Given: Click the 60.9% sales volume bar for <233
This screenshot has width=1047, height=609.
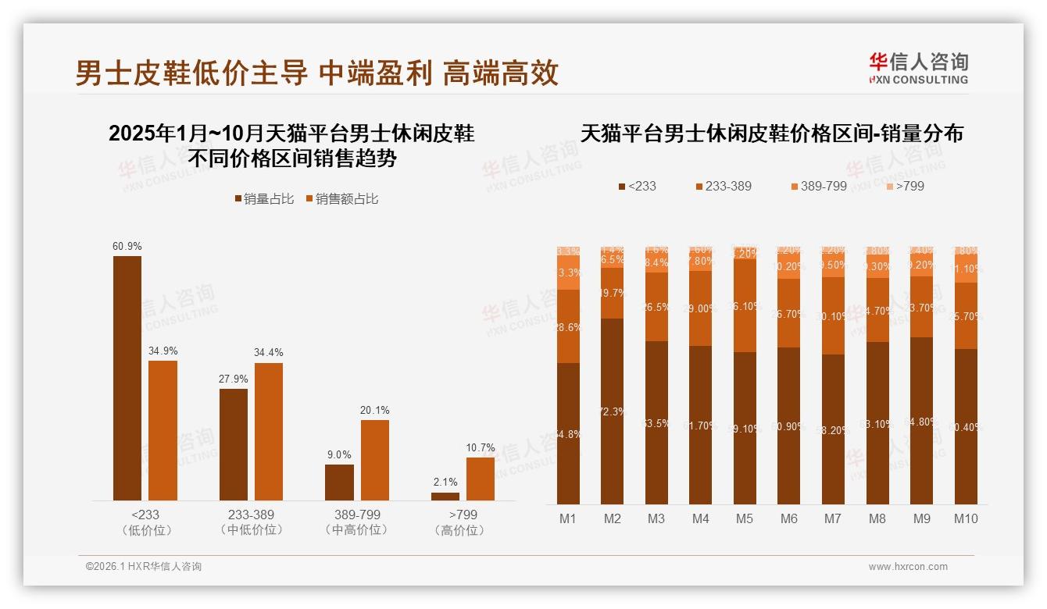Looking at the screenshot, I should pyautogui.click(x=127, y=378).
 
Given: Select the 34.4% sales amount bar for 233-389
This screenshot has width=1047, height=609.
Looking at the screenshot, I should pyautogui.click(x=269, y=432).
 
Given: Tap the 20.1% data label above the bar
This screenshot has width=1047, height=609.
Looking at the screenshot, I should pyautogui.click(x=375, y=410).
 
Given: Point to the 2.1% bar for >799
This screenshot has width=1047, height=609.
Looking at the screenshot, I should pyautogui.click(x=445, y=497).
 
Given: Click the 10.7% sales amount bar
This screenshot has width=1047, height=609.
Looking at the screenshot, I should pyautogui.click(x=481, y=479).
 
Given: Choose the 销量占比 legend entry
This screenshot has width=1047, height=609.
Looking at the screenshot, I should pyautogui.click(x=264, y=199).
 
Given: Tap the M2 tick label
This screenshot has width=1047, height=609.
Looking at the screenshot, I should pyautogui.click(x=612, y=518).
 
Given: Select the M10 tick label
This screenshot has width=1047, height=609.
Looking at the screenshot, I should pyautogui.click(x=966, y=518).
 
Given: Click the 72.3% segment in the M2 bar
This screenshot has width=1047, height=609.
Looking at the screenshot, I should pyautogui.click(x=613, y=411).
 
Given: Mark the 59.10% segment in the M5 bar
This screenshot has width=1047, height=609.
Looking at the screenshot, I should pyautogui.click(x=745, y=428).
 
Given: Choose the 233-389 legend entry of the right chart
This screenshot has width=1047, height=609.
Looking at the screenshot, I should pyautogui.click(x=724, y=187).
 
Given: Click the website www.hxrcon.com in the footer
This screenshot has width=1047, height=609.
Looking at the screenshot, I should pyautogui.click(x=908, y=567).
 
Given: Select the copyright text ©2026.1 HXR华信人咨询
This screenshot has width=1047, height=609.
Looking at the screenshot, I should pyautogui.click(x=144, y=567).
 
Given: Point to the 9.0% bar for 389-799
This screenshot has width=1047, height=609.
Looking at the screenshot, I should pyautogui.click(x=339, y=483).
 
